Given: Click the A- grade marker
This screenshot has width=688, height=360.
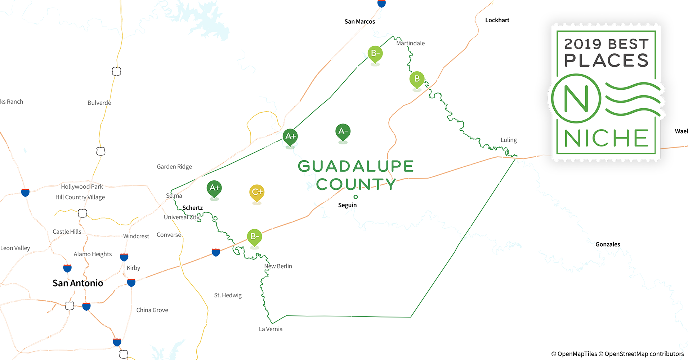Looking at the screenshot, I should point(343,132).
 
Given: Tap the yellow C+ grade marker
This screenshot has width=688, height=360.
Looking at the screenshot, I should point(257,192).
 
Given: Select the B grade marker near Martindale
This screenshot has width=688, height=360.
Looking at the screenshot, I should point(417,79).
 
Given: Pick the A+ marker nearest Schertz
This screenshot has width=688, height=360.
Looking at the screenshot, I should point(214,188).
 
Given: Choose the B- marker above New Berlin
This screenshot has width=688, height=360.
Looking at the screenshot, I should point(254,237).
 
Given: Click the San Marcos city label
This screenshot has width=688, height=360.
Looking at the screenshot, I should point(359,22).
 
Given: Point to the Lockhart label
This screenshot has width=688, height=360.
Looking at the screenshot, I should point(497,20).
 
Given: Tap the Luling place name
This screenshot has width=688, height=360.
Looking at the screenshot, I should point(509,140).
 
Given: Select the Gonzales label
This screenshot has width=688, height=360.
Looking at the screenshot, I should point(608,244).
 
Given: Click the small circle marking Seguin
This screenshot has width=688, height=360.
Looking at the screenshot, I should point(356,197).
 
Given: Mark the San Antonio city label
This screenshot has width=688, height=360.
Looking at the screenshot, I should point(78,283).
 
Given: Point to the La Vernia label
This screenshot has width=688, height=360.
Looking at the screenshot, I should point(271,329).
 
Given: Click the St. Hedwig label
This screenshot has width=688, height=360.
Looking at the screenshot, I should point(228,295).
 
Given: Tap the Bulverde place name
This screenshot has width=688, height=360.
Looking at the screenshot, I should point(99,103).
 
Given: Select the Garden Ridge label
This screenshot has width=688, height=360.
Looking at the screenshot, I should point(174,167).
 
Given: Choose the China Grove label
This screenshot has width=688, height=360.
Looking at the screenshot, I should point(152,310).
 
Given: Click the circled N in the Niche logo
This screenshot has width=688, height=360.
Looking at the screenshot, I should point(576,98).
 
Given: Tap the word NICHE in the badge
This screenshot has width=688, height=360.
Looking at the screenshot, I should point(606,139).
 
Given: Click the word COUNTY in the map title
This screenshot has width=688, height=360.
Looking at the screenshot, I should point(356,184).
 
